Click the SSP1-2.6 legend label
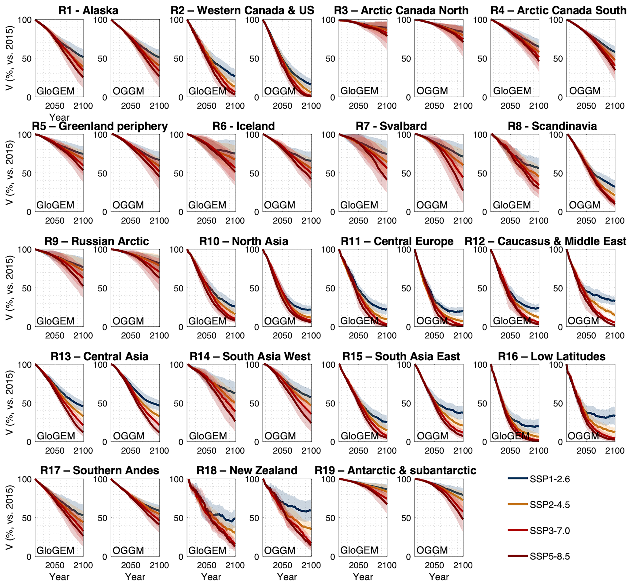click(549, 479)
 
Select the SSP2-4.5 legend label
click(549, 505)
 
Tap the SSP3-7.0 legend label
click(549, 531)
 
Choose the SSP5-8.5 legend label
click(549, 556)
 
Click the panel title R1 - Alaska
click(88, 10)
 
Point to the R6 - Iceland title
click(243, 126)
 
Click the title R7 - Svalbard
click(391, 126)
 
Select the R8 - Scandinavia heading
click(552, 126)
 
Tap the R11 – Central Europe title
click(397, 241)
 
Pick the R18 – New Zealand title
click(247, 470)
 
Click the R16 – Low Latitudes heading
click(552, 356)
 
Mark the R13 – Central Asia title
click(99, 356)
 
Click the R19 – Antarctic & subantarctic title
click(395, 470)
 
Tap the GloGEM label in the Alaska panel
click(56, 91)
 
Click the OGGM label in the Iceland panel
click(279, 205)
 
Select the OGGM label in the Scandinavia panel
click(585, 205)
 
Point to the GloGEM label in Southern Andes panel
click(55, 550)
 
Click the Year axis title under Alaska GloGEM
click(59, 118)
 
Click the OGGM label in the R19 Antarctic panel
click(432, 550)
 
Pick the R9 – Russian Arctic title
click(97, 241)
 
